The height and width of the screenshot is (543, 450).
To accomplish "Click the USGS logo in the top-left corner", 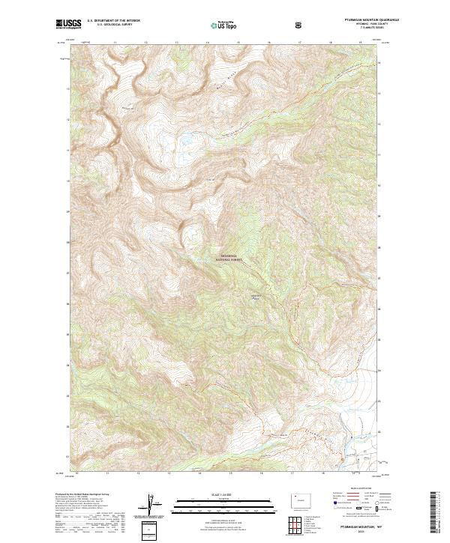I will pyautogui.click(x=68, y=25).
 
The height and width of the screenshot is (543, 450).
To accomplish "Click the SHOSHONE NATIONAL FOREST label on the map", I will pyautogui.click(x=230, y=256).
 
